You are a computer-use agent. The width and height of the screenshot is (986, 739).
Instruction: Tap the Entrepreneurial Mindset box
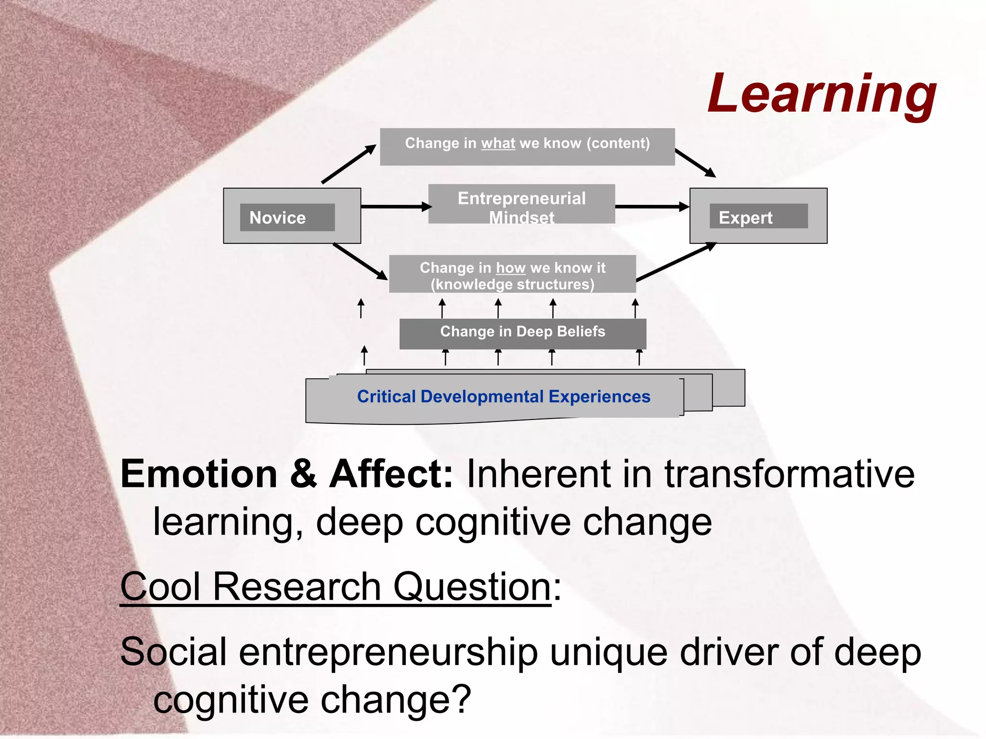click(521, 204)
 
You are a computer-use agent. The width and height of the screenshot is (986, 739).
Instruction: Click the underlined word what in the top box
click(498, 143)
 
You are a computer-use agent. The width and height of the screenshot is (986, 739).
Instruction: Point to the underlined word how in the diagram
click(510, 268)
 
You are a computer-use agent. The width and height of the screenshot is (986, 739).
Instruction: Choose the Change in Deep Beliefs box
click(522, 332)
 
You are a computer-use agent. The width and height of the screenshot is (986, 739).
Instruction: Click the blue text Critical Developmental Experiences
click(503, 397)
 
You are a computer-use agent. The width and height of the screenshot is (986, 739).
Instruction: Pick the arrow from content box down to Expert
click(695, 163)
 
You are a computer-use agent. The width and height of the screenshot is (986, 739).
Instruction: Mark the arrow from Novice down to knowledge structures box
click(360, 262)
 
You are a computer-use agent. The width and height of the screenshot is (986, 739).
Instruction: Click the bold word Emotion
click(199, 474)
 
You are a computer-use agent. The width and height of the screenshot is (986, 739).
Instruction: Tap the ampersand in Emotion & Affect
click(303, 474)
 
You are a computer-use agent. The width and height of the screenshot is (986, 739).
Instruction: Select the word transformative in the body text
click(790, 474)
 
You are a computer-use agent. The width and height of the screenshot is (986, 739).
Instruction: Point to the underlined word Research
click(297, 587)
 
